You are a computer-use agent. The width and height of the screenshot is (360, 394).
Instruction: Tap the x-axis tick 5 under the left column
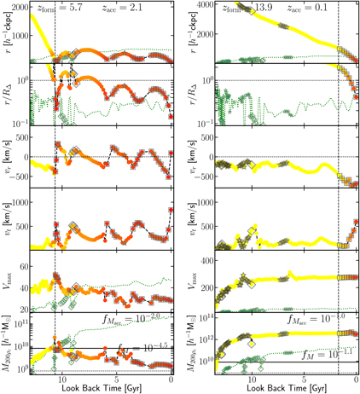117,379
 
